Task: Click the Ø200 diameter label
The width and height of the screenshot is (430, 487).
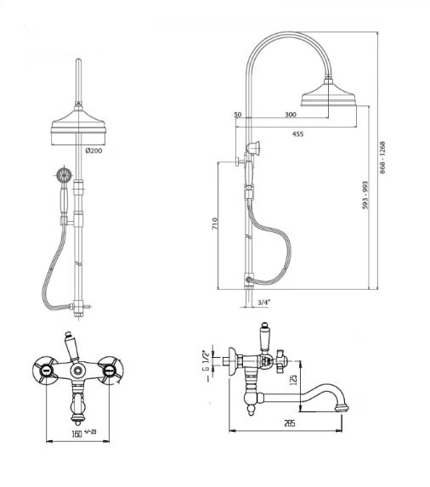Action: (x=93, y=150)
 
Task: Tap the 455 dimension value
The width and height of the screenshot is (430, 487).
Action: (x=297, y=134)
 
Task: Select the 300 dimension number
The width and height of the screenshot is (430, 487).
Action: (x=291, y=115)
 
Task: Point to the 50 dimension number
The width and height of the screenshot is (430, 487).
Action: (x=237, y=115)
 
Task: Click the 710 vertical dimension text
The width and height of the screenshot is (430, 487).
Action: (x=215, y=224)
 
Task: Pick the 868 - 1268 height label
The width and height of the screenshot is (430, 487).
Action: (x=382, y=158)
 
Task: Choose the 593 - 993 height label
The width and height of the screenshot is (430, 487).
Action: (x=365, y=195)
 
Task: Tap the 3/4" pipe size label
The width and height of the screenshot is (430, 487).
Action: (x=264, y=302)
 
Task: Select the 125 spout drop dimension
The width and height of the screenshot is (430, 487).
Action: (x=294, y=379)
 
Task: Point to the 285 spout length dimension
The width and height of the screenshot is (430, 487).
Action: (x=289, y=422)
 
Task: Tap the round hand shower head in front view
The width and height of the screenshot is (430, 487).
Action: (x=65, y=176)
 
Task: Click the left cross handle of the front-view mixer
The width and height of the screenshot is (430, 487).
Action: (x=45, y=370)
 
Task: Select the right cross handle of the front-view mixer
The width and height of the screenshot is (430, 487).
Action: (x=110, y=370)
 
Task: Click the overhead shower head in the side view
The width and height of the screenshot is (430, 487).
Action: (x=328, y=93)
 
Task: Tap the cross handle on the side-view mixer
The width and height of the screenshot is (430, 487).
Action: (x=281, y=361)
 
